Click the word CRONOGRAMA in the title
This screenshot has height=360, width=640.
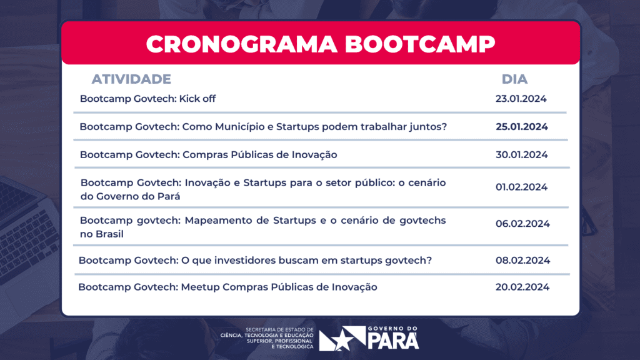pyautogui.click(x=242, y=44)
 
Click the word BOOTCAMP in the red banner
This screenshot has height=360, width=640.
pyautogui.click(x=420, y=44)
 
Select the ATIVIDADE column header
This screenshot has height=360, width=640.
pyautogui.click(x=131, y=79)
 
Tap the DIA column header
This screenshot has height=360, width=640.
pyautogui.click(x=515, y=79)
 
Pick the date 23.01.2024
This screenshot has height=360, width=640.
pyautogui.click(x=521, y=99)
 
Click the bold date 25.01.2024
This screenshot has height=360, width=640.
pyautogui.click(x=522, y=127)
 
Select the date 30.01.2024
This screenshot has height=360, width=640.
pyautogui.click(x=522, y=155)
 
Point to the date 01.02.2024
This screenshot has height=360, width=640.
pyautogui.click(x=522, y=187)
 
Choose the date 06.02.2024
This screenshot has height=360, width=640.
pyautogui.click(x=523, y=224)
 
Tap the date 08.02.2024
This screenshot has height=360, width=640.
pyautogui.click(x=523, y=261)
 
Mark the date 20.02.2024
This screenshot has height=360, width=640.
pyautogui.click(x=522, y=287)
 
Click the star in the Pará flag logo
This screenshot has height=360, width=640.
pyautogui.click(x=342, y=339)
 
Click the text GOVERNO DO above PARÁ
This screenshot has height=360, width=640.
pyautogui.click(x=392, y=328)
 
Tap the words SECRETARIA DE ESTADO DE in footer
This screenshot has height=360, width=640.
pyautogui.click(x=279, y=330)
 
